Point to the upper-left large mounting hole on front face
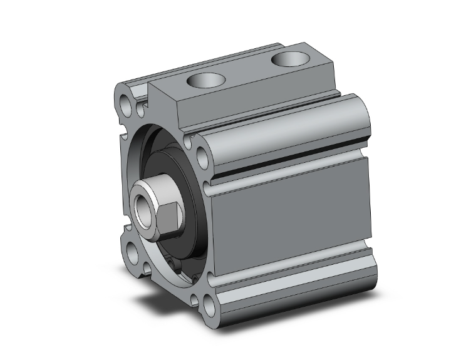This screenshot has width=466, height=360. click(x=125, y=99)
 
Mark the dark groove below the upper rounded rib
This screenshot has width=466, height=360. click(x=288, y=166)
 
